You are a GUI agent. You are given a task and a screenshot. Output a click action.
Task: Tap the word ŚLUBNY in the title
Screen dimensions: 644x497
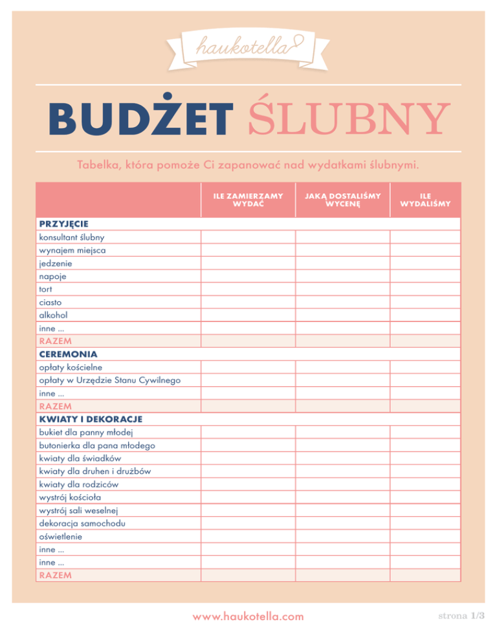pyautogui.click(x=340, y=119)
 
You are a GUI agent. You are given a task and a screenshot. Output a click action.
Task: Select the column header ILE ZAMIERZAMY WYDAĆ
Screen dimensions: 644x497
pyautogui.click(x=248, y=200)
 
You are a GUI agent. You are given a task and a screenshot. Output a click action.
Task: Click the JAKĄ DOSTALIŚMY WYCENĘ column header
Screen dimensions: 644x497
pyautogui.click(x=342, y=200)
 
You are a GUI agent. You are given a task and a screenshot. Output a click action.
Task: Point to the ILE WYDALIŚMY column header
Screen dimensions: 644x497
pyautogui.click(x=425, y=200)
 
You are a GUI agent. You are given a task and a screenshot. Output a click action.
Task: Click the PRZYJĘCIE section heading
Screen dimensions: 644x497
pyautogui.click(x=63, y=224)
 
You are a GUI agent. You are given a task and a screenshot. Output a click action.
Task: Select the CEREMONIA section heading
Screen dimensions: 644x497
pyautogui.click(x=68, y=354)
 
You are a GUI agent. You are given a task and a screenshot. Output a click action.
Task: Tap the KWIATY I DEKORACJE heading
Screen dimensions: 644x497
pyautogui.click(x=90, y=419)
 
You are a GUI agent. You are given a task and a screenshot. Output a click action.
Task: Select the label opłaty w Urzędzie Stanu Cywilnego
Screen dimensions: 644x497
pyautogui.click(x=109, y=380)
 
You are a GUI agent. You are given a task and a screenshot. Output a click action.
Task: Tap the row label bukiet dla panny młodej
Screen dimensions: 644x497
pyautogui.click(x=86, y=432)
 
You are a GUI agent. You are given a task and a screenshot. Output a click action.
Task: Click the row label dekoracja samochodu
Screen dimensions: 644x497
pyautogui.click(x=82, y=523)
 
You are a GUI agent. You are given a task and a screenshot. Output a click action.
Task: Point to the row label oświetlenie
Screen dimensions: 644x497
pyautogui.click(x=61, y=536)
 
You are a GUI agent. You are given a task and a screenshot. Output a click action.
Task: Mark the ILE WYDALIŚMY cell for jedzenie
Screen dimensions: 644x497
pyautogui.click(x=425, y=263)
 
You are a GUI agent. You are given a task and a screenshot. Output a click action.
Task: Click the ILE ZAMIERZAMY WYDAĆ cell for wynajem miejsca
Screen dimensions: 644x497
pyautogui.click(x=248, y=250)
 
